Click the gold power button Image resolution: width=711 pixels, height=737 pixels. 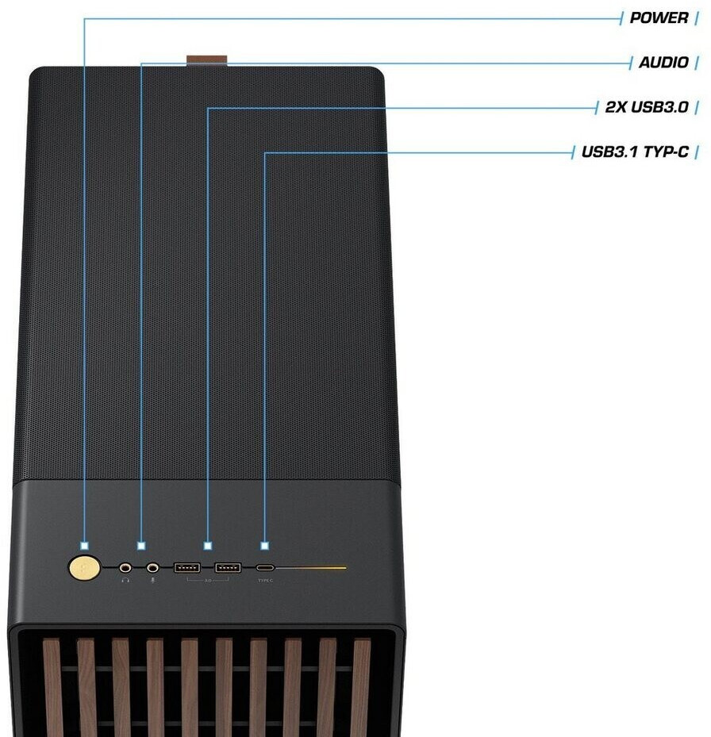click(x=85, y=567)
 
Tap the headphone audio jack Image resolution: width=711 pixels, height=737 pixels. click(x=125, y=567)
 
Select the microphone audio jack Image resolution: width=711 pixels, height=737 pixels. click(x=152, y=567)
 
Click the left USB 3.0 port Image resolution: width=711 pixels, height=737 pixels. click(x=187, y=567)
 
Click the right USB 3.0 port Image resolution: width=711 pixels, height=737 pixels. click(x=228, y=567)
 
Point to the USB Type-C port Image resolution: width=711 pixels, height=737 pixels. click(x=265, y=568)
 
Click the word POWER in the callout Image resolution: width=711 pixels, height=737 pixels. click(x=659, y=17)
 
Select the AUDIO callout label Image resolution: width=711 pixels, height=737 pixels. click(x=663, y=62)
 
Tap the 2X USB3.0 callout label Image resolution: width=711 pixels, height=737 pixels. click(x=646, y=106)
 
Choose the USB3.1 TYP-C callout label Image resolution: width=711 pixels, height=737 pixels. click(x=634, y=151)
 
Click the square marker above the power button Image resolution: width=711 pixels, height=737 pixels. click(x=84, y=546)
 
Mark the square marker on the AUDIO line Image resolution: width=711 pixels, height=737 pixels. click(x=141, y=546)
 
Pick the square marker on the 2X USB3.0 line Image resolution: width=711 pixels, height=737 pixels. click(x=208, y=546)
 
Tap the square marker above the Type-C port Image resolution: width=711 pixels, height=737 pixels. click(x=265, y=546)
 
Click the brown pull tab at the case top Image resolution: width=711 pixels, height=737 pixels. click(x=207, y=60)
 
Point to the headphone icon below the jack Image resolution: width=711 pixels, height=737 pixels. click(x=125, y=580)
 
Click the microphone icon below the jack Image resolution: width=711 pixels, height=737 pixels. click(x=152, y=580)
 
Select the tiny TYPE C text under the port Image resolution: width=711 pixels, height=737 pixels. click(x=265, y=580)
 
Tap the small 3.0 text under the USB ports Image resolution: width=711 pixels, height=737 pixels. click(x=208, y=582)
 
